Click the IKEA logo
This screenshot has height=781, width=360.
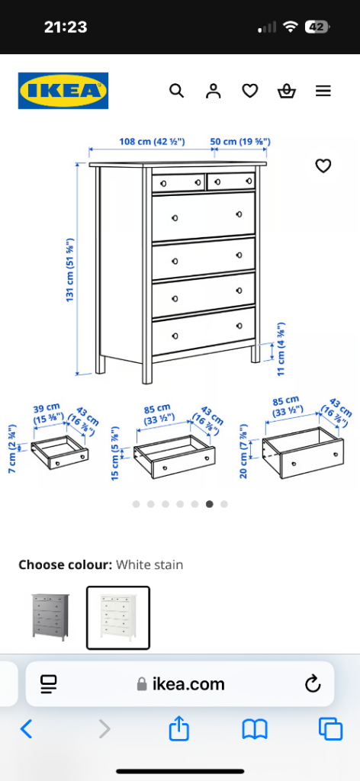pyautogui.click(x=63, y=91)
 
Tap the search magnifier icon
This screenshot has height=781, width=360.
pyautogui.click(x=177, y=91)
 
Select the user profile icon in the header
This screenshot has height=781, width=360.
pyautogui.click(x=213, y=91)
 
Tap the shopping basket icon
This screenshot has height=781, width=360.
pyautogui.click(x=286, y=92)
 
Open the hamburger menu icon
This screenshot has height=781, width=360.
pyautogui.click(x=323, y=92)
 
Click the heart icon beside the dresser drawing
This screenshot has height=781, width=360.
pyautogui.click(x=323, y=166)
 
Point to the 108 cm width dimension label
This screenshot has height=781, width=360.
pyautogui.click(x=152, y=141)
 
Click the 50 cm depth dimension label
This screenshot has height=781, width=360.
pyautogui.click(x=240, y=141)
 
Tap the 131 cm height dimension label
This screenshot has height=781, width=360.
pyautogui.click(x=70, y=269)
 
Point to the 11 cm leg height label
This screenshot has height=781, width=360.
pyautogui.click(x=281, y=349)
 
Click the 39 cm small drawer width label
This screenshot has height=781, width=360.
pyautogui.click(x=49, y=413)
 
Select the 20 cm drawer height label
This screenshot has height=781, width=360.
pyautogui.click(x=243, y=452)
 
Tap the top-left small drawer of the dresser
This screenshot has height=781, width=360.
pyautogui.click(x=178, y=183)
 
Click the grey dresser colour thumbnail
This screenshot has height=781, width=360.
pyautogui.click(x=50, y=617)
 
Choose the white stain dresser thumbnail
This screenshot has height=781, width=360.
pyautogui.click(x=118, y=618)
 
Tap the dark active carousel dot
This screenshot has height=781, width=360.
pyautogui.click(x=210, y=504)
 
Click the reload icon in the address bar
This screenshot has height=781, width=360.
pyautogui.click(x=312, y=684)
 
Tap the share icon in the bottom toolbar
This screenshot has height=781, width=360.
pyautogui.click(x=179, y=728)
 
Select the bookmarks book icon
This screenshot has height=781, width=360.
pyautogui.click(x=255, y=730)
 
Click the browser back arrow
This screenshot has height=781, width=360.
pyautogui.click(x=27, y=729)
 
